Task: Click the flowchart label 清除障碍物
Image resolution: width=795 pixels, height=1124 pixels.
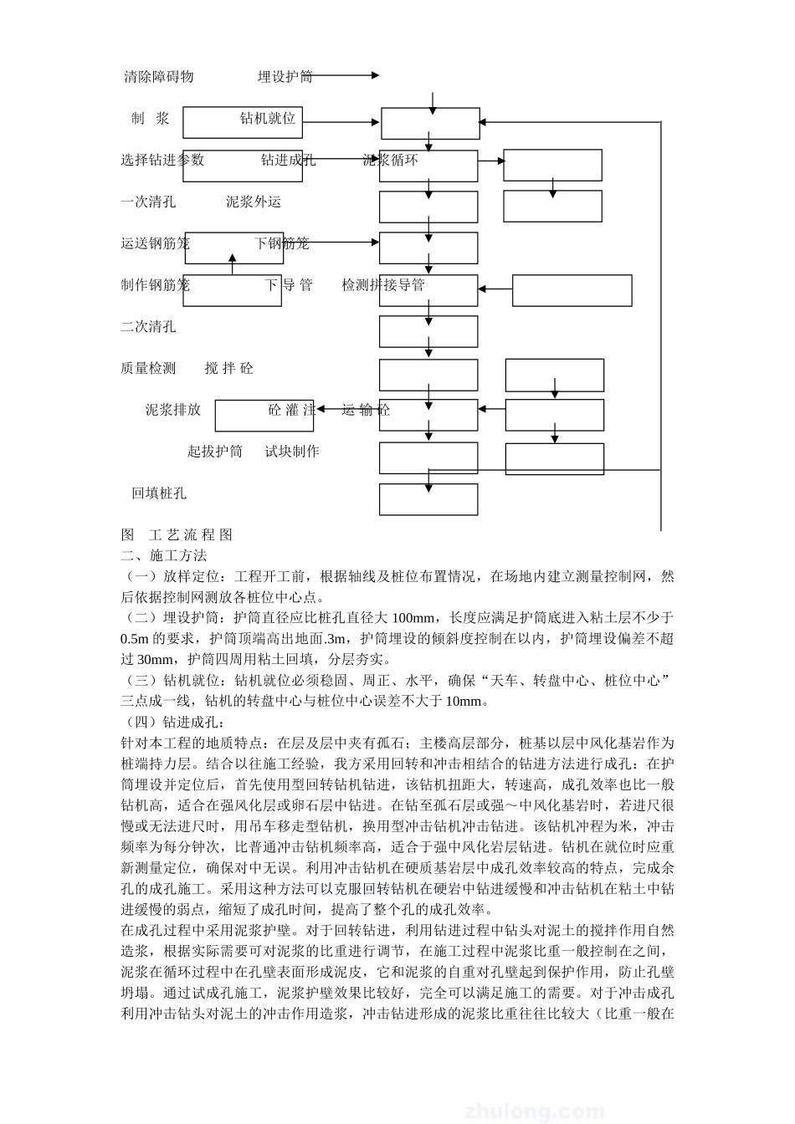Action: [x=159, y=77]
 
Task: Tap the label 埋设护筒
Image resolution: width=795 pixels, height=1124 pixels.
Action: [x=285, y=77]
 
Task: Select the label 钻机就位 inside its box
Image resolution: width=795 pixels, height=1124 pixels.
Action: [x=268, y=119]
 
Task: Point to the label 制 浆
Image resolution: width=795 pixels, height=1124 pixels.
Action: [x=151, y=119]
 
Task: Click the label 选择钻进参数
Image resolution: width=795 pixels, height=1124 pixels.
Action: [x=162, y=160]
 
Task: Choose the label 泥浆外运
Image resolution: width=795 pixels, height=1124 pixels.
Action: [x=254, y=202]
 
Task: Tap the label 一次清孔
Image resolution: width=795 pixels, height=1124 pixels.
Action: [x=148, y=202]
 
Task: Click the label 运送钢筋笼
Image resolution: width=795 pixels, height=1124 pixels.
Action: [x=155, y=243]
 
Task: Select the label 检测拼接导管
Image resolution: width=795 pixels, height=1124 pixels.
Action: [x=383, y=285]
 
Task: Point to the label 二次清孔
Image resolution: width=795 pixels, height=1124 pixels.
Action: [x=148, y=326]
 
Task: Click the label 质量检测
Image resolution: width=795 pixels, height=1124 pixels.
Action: [x=148, y=368]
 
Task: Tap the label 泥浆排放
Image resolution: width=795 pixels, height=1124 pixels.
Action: [x=173, y=410]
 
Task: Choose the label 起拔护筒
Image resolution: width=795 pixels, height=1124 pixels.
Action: [x=215, y=452]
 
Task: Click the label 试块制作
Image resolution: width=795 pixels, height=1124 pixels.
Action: [x=292, y=452]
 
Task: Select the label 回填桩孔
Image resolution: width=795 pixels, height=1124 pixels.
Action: [x=159, y=493]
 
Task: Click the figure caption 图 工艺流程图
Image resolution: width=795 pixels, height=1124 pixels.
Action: [x=177, y=535]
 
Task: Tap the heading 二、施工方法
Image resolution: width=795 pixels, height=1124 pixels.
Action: [x=164, y=555]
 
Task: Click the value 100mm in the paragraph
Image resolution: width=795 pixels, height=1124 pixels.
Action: [x=413, y=618]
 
